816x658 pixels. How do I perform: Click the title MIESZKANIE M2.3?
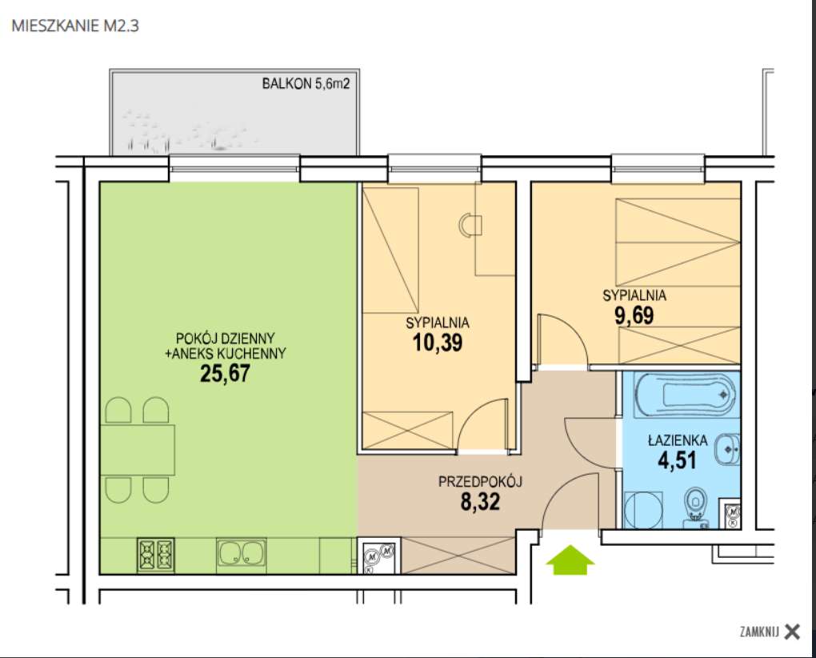pos(76,26)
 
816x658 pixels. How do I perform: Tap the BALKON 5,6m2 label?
pos(306,83)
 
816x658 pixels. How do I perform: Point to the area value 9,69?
pos(634,315)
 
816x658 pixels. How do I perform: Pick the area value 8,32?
pos(479,502)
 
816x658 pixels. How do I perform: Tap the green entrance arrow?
pos(570,560)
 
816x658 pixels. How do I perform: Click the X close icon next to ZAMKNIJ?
pos(792,632)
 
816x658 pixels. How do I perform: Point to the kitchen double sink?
pos(241,552)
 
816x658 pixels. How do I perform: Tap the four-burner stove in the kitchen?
pos(156,553)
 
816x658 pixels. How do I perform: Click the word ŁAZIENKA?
pos(676,439)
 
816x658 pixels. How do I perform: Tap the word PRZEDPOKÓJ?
pos(479,482)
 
